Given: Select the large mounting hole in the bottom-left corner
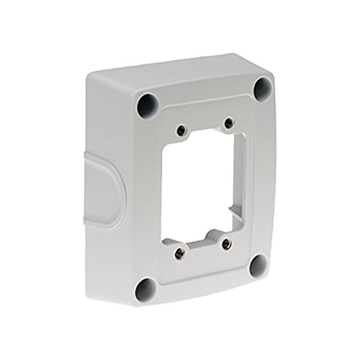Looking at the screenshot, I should click(x=143, y=290).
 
